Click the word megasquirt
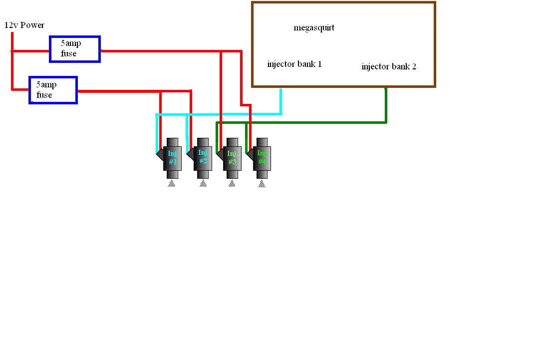[x=314, y=28]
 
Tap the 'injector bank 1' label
[x=294, y=64]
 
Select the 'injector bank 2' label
[x=389, y=66]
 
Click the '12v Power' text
[x=24, y=25]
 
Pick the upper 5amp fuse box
[x=75, y=49]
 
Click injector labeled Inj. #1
[x=173, y=157]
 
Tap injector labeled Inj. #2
[x=203, y=157]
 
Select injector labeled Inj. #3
[x=232, y=157]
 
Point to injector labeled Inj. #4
[x=262, y=157]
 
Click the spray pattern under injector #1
[x=172, y=184]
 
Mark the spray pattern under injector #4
[x=262, y=184]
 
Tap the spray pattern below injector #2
[x=203, y=184]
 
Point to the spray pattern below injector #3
[x=232, y=184]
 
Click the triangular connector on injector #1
[x=160, y=154]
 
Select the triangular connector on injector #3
[x=220, y=154]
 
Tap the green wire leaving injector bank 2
[x=386, y=105]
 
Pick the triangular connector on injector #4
[x=250, y=154]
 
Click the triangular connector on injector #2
[x=190, y=154]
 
